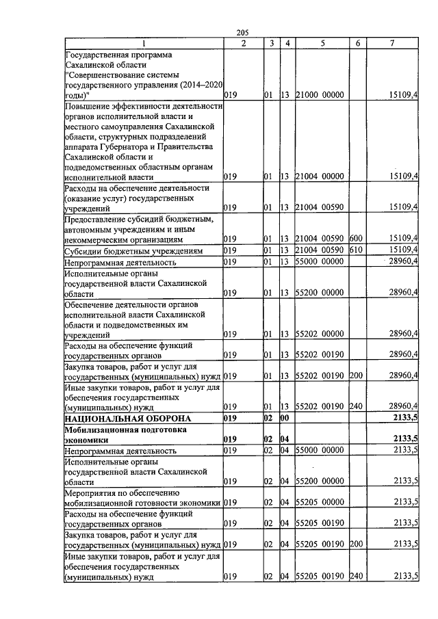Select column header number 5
coord(321,43)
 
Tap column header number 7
coord(391,43)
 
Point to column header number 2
coord(244,43)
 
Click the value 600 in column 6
coord(355,238)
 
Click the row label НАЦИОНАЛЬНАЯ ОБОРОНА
coord(118,418)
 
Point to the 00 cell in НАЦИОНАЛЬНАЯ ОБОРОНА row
coord(286,418)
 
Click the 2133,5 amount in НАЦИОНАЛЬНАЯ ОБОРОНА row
coord(404,418)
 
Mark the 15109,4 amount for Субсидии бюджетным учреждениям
coord(403,250)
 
